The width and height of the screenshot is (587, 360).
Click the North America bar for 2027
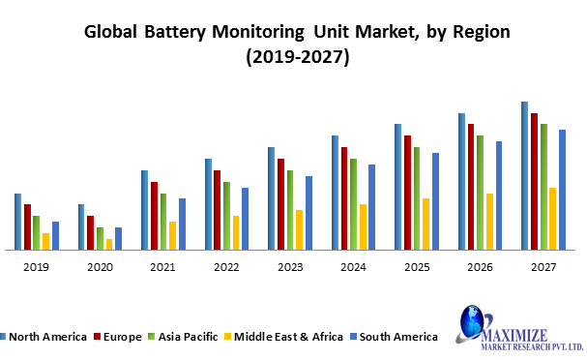click(x=524, y=175)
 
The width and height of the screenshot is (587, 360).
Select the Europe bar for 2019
click(x=27, y=226)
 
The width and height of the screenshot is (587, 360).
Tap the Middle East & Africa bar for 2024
click(x=363, y=226)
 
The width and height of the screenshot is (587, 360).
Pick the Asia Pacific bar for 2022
click(x=226, y=215)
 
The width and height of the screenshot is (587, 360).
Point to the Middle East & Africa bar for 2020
click(x=109, y=244)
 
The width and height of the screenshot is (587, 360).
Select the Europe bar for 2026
click(x=471, y=186)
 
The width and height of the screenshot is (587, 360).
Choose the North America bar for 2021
click(x=144, y=209)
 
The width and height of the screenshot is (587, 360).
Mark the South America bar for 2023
click(x=308, y=212)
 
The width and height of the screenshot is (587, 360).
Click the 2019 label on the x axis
click(x=36, y=266)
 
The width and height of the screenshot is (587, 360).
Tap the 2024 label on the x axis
click(x=353, y=266)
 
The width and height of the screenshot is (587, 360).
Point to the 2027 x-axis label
click(x=543, y=266)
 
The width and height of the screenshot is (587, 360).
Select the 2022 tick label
click(x=226, y=266)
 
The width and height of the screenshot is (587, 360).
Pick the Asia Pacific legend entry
click(x=184, y=337)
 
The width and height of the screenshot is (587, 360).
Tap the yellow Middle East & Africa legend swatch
click(x=227, y=337)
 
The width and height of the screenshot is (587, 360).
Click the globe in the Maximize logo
click(x=474, y=320)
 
